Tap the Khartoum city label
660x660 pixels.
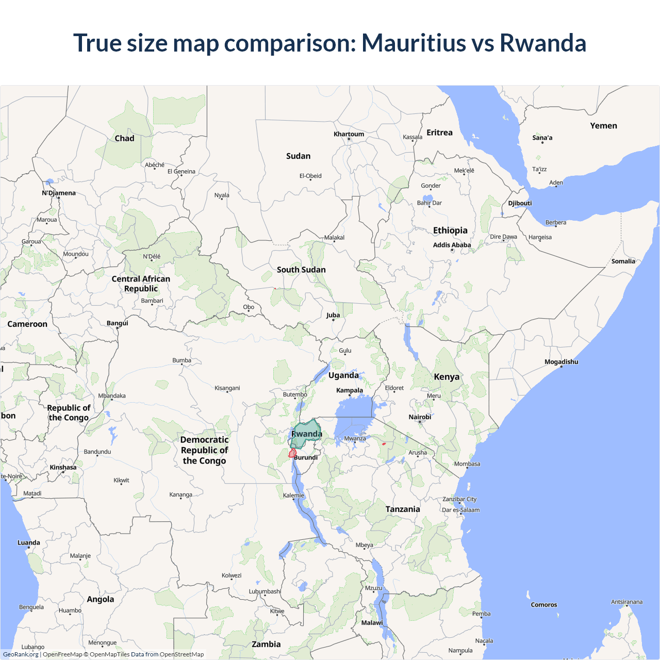click(x=349, y=134)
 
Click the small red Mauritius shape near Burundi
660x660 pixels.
click(x=292, y=453)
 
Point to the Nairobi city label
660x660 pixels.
click(x=420, y=417)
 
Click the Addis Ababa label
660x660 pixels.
click(x=452, y=245)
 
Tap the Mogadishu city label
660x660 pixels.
click(x=561, y=362)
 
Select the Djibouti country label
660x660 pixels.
click(x=520, y=203)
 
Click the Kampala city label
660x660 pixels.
click(x=350, y=390)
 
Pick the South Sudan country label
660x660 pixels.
click(x=301, y=270)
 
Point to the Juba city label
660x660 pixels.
click(x=333, y=315)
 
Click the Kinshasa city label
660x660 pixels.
click(x=63, y=467)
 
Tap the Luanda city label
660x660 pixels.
click(x=29, y=542)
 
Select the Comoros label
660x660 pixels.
click(x=544, y=605)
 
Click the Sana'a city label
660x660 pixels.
click(x=542, y=138)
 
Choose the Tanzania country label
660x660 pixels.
click(x=403, y=509)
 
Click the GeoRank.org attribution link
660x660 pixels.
click(x=21, y=654)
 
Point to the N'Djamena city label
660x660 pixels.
click(x=59, y=193)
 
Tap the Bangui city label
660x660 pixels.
click(x=118, y=323)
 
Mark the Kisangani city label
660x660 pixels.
click(x=227, y=388)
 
